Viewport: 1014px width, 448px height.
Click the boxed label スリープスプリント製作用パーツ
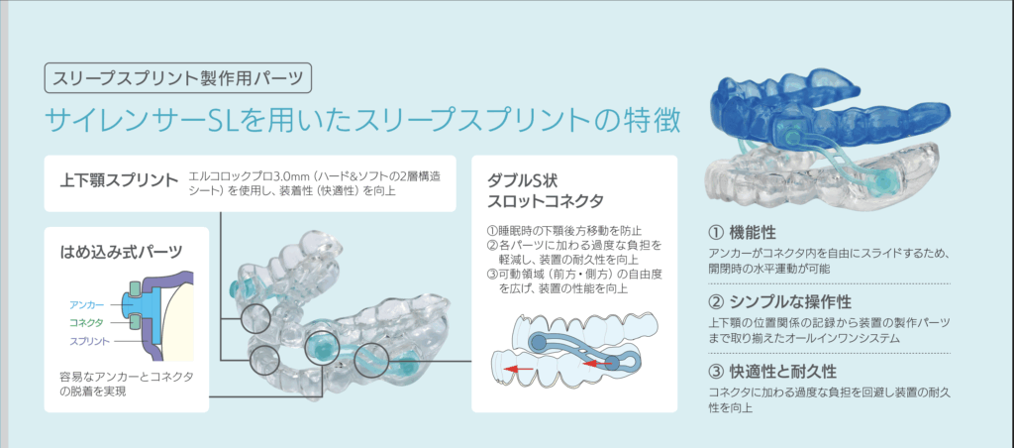coord(178,78)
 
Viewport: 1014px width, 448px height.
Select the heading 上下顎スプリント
coord(119,180)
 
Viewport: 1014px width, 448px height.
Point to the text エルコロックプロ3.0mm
coord(238,175)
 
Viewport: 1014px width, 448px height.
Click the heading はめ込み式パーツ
coord(120,251)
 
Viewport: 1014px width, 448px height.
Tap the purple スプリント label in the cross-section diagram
coord(89,341)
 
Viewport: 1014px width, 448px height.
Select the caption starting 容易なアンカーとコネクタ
coord(126,384)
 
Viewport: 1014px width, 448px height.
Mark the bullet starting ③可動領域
coord(574,281)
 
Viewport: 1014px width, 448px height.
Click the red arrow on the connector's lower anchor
coord(597,365)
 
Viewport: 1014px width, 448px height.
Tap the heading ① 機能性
coord(743,232)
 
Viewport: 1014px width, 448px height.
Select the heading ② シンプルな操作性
coord(780,301)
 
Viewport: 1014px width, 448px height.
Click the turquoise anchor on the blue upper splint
coord(791,136)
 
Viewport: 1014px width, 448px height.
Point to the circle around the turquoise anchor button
coord(321,332)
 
